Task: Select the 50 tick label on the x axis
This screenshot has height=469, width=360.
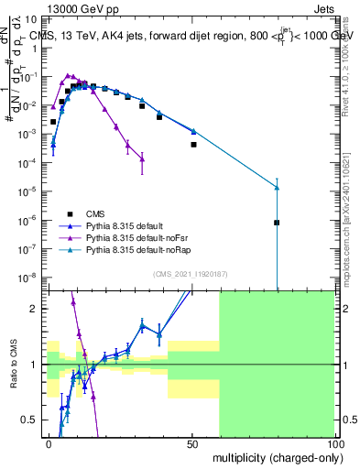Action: click(191, 444)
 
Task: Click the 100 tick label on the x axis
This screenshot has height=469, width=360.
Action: click(334, 444)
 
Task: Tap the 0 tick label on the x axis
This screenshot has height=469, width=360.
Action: click(49, 444)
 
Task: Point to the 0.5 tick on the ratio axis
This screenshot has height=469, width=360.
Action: click(33, 420)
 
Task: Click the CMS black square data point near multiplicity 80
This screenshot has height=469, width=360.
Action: click(277, 223)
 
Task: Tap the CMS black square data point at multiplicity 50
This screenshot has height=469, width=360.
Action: click(193, 145)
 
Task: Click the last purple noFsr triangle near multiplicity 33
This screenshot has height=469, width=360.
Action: click(142, 159)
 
